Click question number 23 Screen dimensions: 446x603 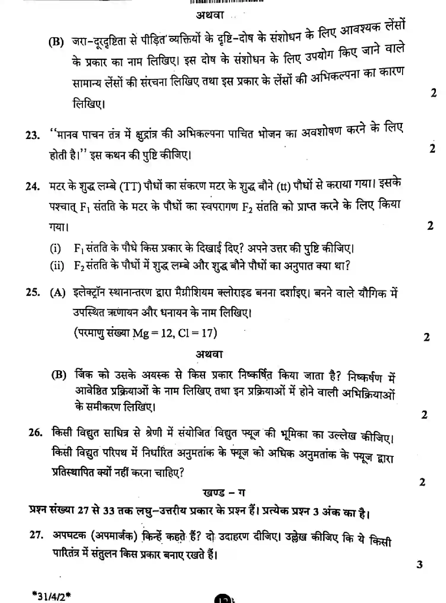tap(33, 135)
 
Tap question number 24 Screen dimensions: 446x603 tap(33, 187)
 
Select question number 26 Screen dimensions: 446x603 tap(35, 433)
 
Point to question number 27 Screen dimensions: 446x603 tap(36, 535)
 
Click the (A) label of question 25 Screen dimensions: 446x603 tap(57, 293)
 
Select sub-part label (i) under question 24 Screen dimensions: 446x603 tap(55, 248)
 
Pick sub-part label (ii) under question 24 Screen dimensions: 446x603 tap(57, 266)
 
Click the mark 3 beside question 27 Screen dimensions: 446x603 tap(419, 564)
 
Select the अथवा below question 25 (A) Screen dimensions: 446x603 tap(209, 354)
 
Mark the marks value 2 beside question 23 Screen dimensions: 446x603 tap(432, 149)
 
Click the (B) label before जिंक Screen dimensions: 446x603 tap(59, 375)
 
